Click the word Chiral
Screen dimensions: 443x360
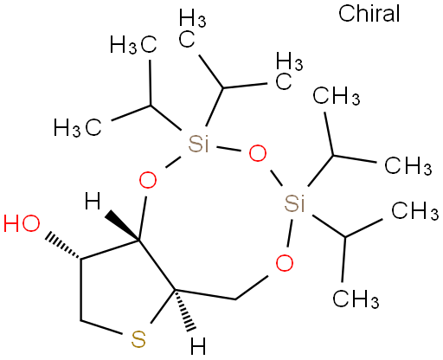point(369,14)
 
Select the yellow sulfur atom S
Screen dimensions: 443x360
point(138,339)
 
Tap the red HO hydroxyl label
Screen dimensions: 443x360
point(22,223)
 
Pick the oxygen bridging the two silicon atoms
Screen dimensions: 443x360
point(258,153)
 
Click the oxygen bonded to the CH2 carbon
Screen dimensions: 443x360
point(285,263)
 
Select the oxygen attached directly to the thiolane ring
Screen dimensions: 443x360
point(148,180)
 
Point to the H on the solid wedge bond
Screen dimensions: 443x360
point(93,202)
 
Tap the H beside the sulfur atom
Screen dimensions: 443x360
point(198,346)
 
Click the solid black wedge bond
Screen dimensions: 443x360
point(122,226)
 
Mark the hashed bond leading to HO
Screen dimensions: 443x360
point(63,245)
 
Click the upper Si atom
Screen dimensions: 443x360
point(198,145)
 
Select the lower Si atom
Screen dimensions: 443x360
point(294,203)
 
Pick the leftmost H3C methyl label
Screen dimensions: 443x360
point(78,127)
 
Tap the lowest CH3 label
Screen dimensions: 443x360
point(356,299)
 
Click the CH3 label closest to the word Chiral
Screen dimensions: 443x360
point(337,96)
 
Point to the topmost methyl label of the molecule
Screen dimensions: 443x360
point(192,28)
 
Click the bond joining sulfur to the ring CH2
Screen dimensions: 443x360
point(101,327)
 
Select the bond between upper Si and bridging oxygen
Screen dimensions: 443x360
point(228,149)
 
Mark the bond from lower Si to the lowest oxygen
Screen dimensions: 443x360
point(290,233)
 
